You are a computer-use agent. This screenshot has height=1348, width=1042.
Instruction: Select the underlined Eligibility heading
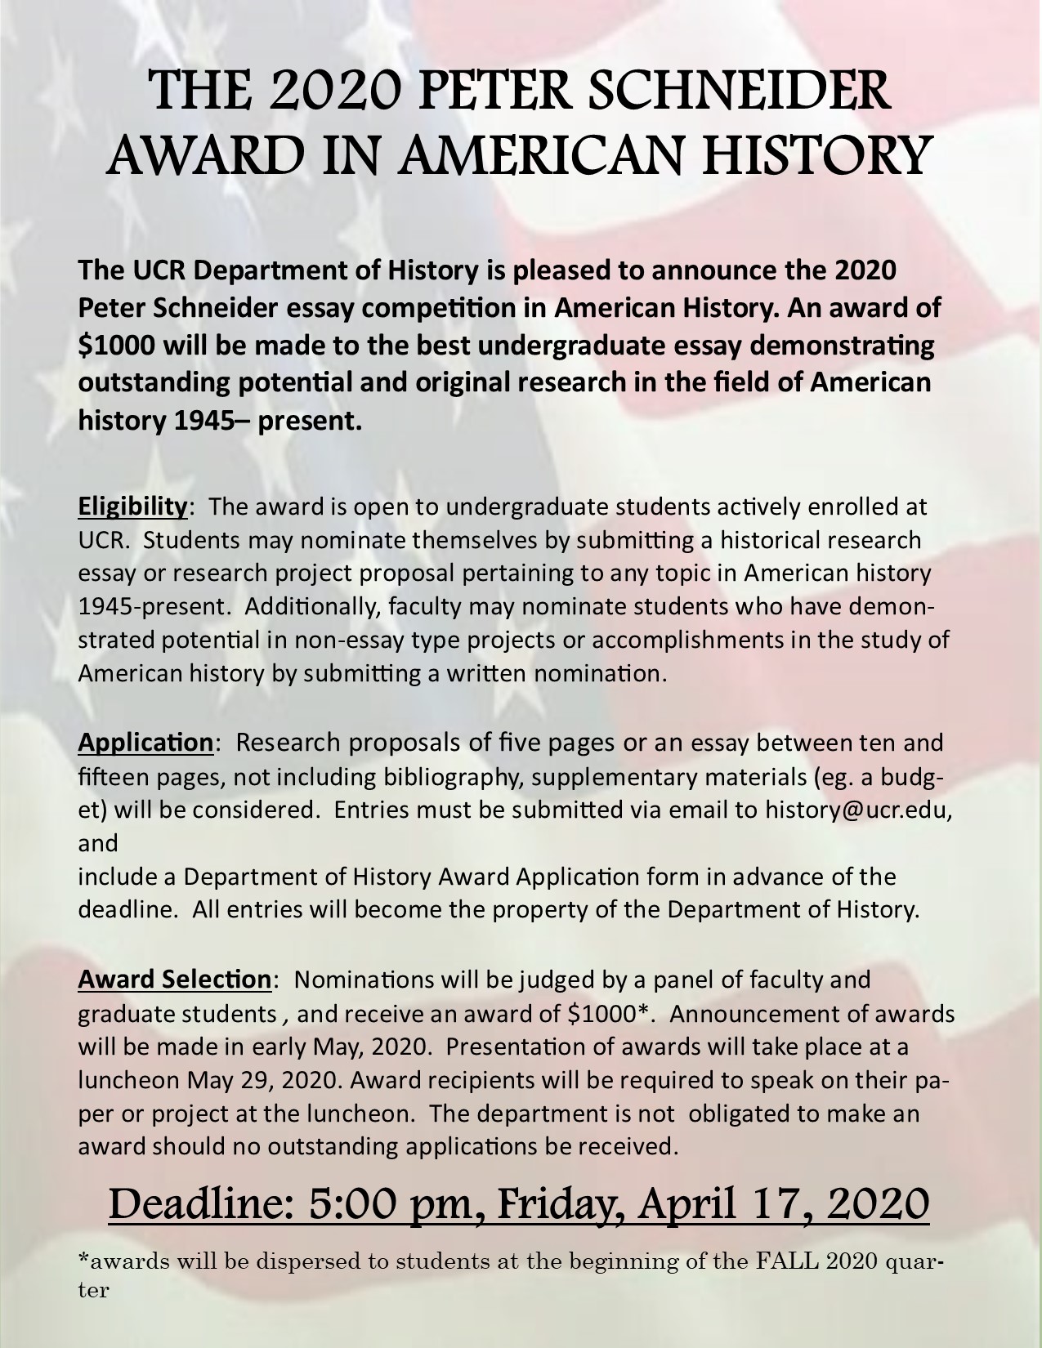133,507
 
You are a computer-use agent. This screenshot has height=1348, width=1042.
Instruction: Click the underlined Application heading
145,743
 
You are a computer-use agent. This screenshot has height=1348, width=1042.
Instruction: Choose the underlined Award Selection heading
174,979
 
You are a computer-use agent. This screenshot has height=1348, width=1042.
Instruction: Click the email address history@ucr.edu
858,809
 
